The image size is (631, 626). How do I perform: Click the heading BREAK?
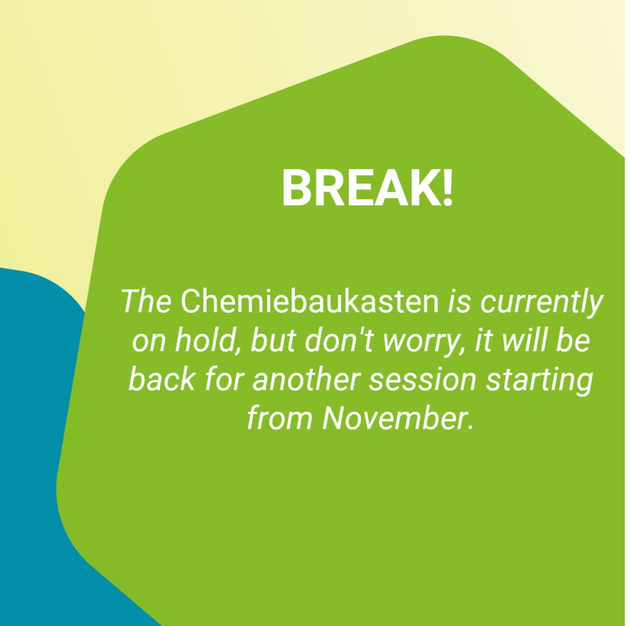coord(367,187)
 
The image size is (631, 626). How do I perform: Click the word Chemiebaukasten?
coord(309,301)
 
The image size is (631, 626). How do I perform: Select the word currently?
coord(542,303)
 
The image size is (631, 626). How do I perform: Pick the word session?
coord(423,380)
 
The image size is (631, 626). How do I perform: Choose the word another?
coord(306,379)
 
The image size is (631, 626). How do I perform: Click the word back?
coord(163,379)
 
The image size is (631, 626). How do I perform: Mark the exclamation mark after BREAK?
coord(447,187)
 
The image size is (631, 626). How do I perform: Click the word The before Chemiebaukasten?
coord(147,301)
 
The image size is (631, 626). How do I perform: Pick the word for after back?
coord(224,379)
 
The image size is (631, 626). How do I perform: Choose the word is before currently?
coord(459,302)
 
